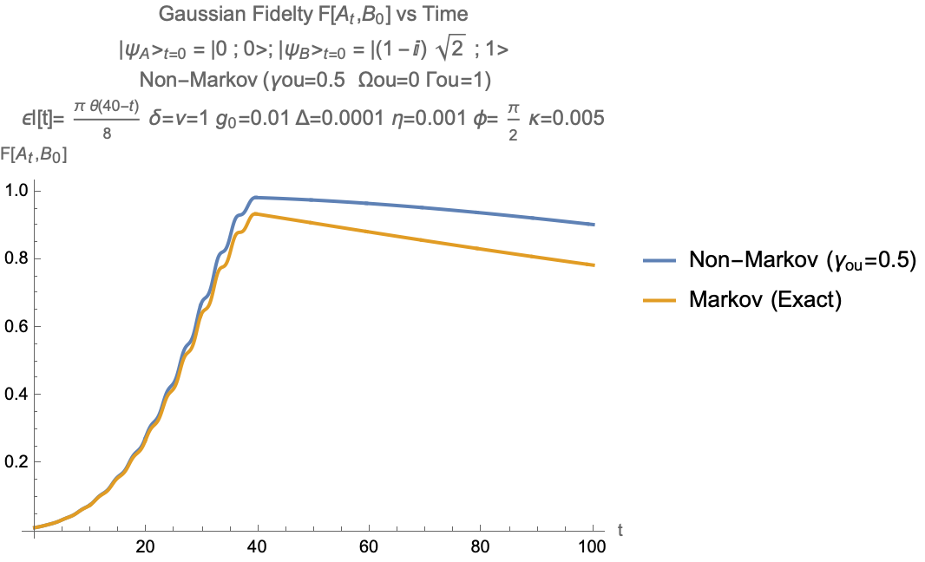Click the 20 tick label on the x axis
[x=145, y=548]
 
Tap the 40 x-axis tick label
[x=257, y=548]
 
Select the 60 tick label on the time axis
[x=369, y=548]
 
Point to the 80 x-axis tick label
[x=481, y=548]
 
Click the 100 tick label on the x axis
[x=593, y=548]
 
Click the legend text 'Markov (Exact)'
[x=765, y=299]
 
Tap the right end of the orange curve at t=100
[x=594, y=265]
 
